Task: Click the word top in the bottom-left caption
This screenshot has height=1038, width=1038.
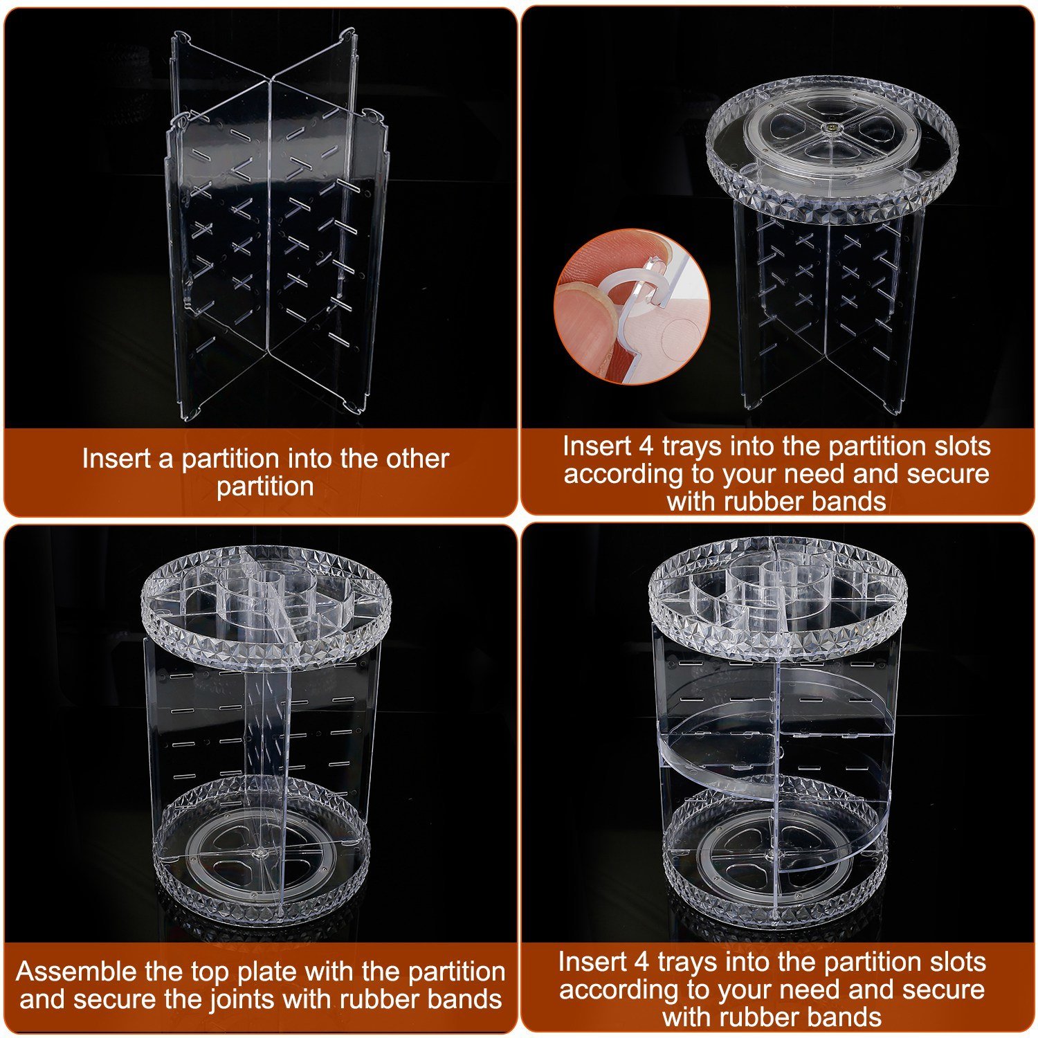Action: point(210,973)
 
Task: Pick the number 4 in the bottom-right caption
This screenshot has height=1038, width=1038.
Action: point(641,962)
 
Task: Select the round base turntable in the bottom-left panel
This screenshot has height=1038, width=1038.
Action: point(262,851)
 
